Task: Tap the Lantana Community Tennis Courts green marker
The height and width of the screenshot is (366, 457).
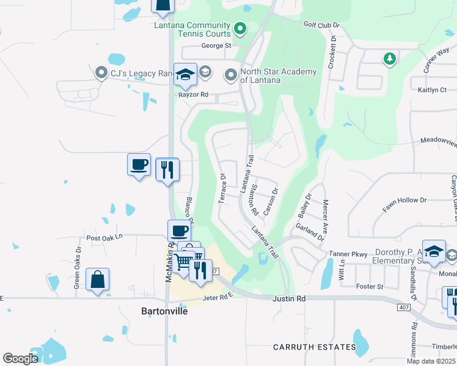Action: (x=240, y=28)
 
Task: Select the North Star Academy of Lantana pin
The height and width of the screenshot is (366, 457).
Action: (x=231, y=76)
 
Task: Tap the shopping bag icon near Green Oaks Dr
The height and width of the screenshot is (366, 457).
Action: (x=98, y=280)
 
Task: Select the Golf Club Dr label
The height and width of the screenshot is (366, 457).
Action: (x=321, y=24)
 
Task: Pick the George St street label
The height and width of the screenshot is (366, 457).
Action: (x=217, y=46)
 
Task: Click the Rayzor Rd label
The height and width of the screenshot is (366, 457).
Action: (x=194, y=95)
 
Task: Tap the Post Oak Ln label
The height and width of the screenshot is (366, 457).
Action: (x=104, y=237)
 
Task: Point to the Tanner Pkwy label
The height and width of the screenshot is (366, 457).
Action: (x=347, y=254)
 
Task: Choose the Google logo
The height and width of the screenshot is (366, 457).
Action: (x=20, y=359)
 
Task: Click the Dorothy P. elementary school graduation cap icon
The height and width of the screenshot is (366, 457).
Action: (x=434, y=251)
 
